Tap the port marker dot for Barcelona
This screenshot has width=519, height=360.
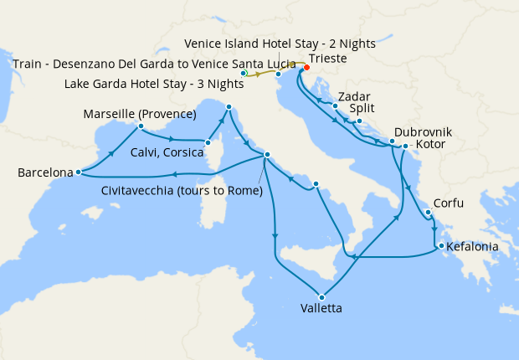[x=78, y=172]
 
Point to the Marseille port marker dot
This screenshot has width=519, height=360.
[x=141, y=126]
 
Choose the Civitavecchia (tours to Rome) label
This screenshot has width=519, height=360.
[x=182, y=191]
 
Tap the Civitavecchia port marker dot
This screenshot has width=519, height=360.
[x=266, y=155]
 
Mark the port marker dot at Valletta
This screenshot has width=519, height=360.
[x=321, y=296]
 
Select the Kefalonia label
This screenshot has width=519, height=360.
[x=473, y=247]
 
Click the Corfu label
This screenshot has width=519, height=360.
[x=448, y=203]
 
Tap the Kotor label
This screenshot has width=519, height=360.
[x=429, y=145]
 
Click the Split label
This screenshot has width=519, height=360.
[x=364, y=109]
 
